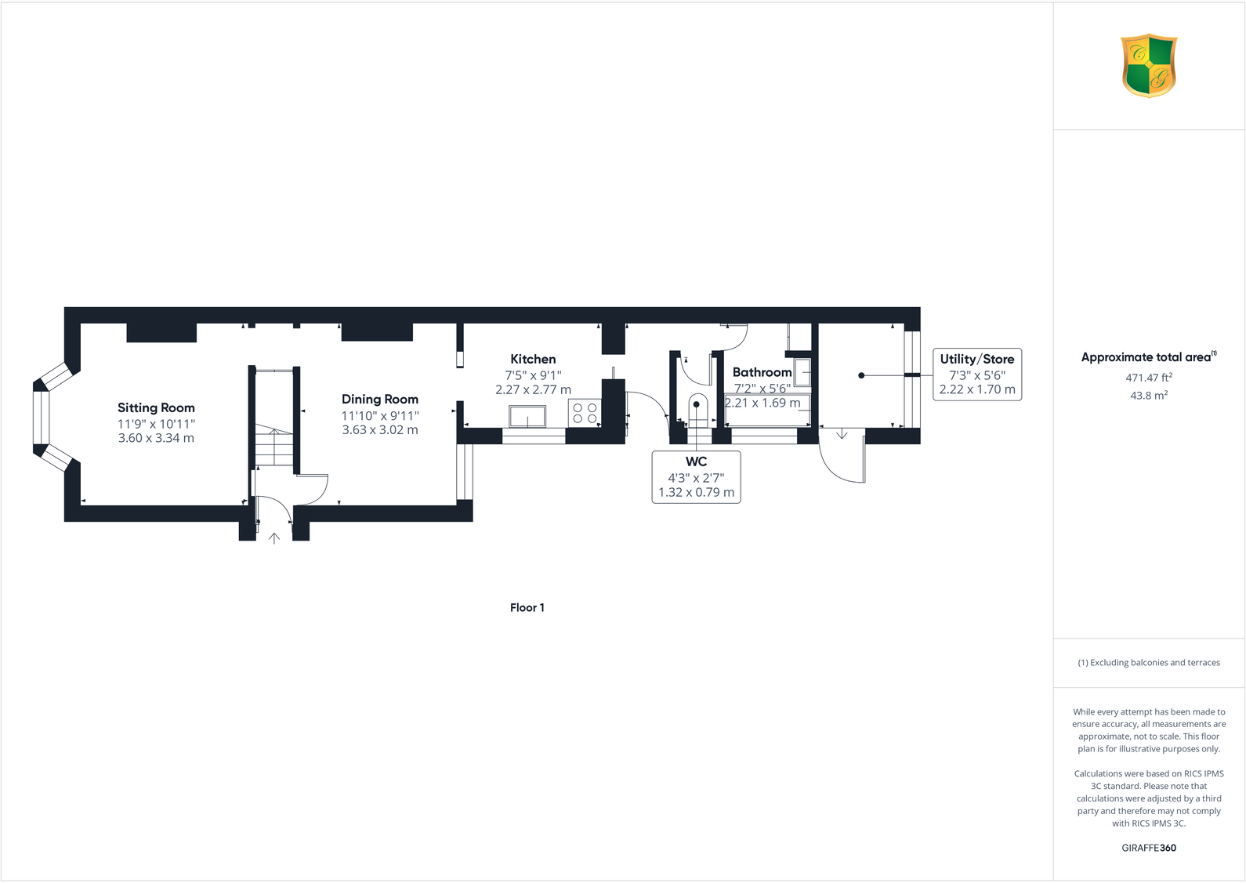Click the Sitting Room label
(156, 407)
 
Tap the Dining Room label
(380, 400)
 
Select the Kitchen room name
(533, 359)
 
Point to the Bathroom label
(762, 372)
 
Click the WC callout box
(696, 476)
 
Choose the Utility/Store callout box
(977, 374)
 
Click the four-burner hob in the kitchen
(585, 413)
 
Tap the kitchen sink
(527, 416)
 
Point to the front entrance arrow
(274, 538)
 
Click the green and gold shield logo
(1149, 65)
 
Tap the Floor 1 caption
(527, 608)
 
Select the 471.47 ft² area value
(1149, 378)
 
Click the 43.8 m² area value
(1149, 396)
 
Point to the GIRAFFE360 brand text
(1149, 848)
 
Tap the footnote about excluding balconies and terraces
(1149, 663)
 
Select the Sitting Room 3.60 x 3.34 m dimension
(156, 438)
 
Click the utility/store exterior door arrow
(842, 434)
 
